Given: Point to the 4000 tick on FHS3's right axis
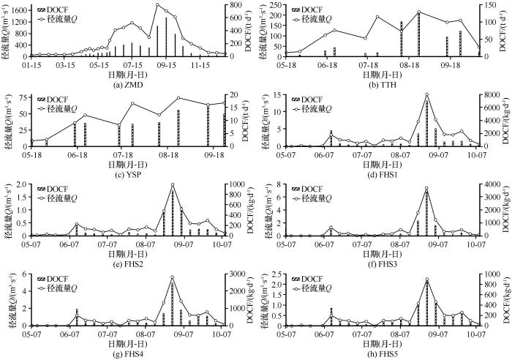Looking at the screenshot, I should pos(490,186).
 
